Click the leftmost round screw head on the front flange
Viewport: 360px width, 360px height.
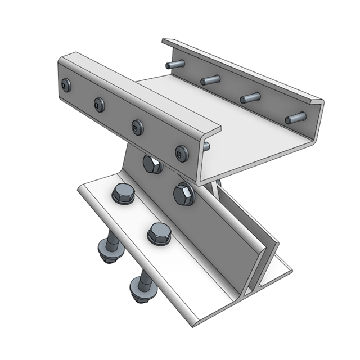pos(67,85)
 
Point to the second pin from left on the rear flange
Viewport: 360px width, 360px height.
pos(209,80)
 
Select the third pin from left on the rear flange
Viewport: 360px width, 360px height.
pos(250,98)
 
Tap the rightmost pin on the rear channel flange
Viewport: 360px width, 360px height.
pos(295,118)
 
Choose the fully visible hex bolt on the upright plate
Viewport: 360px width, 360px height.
pos(183,195)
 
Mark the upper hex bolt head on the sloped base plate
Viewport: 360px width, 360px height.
pos(122,195)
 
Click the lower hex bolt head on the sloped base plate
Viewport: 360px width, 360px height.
pos(159,232)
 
